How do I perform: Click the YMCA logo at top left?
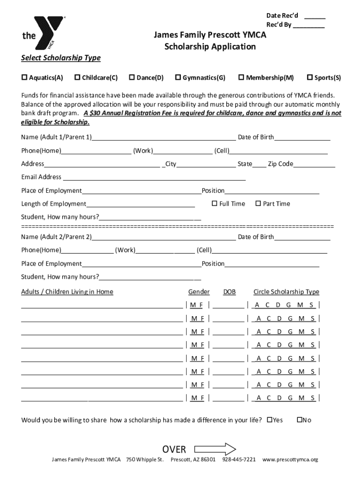pos(43,35)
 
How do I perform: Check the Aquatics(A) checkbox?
pos(24,77)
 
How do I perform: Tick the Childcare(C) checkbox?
pos(78,77)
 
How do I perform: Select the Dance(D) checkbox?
pos(132,77)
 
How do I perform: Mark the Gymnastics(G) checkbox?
pos(178,77)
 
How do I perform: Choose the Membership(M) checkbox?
pos(242,77)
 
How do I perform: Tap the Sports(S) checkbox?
pos(310,77)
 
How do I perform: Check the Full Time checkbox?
pos(215,203)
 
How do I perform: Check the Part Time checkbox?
pos(258,203)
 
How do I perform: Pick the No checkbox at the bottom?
pos(300,420)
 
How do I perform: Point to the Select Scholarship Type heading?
pos(61,58)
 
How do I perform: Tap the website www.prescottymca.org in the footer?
pos(290,460)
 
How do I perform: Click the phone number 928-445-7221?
pos(239,460)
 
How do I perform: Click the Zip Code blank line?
pos(314,165)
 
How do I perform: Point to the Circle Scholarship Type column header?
pos(286,292)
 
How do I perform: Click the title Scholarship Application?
pos(210,46)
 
